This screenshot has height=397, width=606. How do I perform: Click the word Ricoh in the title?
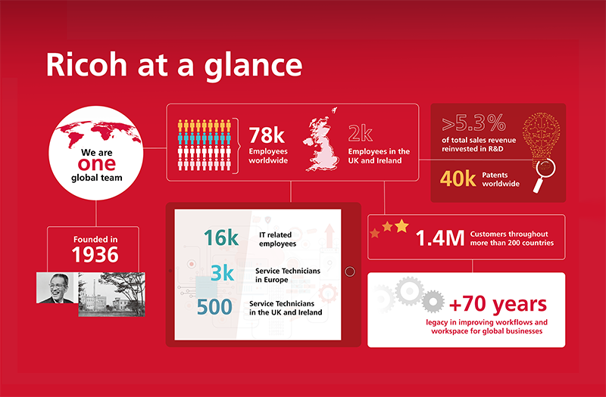(87, 64)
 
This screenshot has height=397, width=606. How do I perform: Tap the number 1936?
(95, 255)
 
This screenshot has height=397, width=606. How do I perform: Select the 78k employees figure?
(267, 136)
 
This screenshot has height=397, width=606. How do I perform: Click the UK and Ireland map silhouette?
(320, 140)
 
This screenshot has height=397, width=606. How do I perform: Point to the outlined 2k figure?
(361, 134)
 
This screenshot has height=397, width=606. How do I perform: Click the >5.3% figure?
(474, 123)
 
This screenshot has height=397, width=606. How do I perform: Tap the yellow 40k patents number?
(458, 178)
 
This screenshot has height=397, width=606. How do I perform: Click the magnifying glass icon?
(544, 174)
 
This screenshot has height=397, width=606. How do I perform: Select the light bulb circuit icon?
(541, 136)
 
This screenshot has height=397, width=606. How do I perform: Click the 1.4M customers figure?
(440, 238)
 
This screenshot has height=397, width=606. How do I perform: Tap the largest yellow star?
(401, 226)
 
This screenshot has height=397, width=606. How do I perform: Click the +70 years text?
(498, 304)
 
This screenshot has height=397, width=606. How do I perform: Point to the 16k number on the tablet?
(221, 237)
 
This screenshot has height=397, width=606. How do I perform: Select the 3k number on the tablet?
(222, 273)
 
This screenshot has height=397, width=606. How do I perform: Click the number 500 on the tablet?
(214, 307)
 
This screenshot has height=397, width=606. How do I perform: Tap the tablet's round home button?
(350, 271)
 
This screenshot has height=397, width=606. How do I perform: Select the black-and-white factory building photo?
(111, 294)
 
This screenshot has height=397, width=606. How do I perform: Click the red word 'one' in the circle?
(97, 164)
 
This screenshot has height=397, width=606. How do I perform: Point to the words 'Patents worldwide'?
(501, 179)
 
